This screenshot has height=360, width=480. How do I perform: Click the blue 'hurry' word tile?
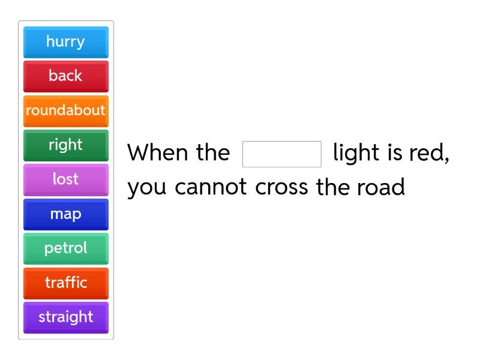65,42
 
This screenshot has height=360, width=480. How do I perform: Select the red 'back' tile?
65,76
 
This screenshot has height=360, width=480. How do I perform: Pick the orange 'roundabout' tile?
65,111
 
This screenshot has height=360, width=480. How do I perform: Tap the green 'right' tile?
65,145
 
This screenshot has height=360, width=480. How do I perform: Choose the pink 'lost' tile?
65,179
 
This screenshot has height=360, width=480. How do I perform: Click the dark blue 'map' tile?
65,214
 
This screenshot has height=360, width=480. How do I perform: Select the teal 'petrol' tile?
65,248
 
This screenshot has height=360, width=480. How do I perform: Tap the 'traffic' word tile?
65,283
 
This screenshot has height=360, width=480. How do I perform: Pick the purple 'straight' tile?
65,317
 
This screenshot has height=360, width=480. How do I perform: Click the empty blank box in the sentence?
281,154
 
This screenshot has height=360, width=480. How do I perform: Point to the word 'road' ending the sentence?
381,188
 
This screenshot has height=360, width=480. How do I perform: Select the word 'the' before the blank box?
213,153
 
